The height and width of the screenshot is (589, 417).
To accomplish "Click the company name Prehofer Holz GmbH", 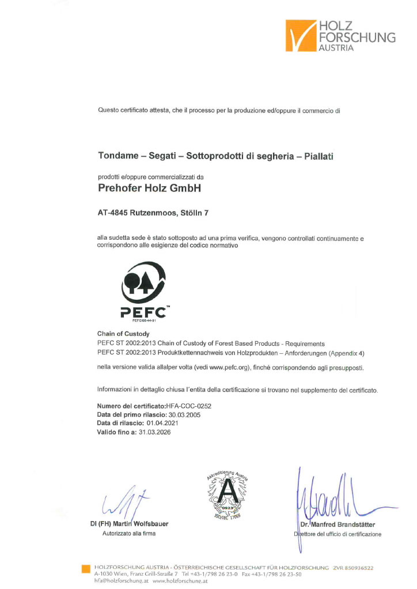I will coord(147,188).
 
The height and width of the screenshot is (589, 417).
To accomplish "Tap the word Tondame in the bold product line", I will coord(117,156).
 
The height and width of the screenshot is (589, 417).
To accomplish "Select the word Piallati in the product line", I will coord(323,156).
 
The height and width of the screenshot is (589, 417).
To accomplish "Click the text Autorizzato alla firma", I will coord(129,534).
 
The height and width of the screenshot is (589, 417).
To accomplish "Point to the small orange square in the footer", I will coord(86,569).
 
